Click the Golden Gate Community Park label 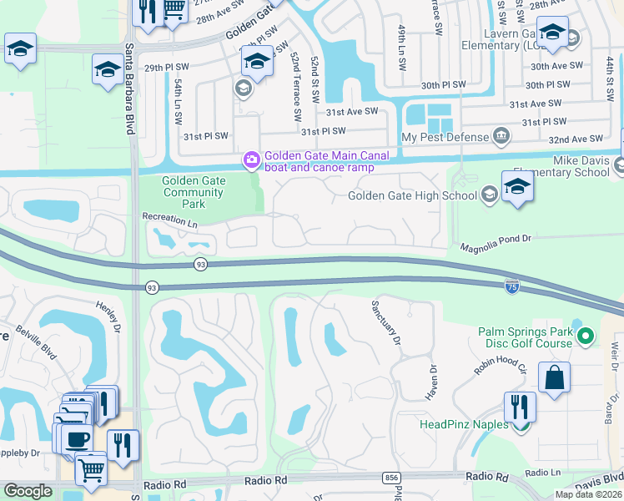(193, 192)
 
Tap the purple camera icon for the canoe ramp (250, 159)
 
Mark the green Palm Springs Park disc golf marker (586, 337)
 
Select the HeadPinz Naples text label (463, 424)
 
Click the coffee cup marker (77, 438)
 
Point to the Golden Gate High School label (411, 196)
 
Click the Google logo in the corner (28, 491)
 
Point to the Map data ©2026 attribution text (587, 494)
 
